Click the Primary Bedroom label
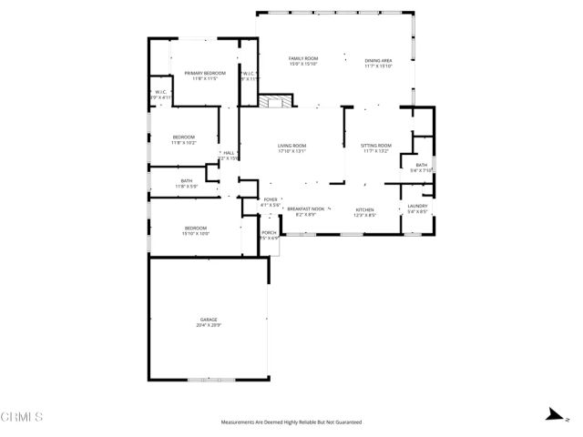tap(204, 73)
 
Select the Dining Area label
tap(378, 60)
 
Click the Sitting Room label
tap(375, 146)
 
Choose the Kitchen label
tap(364, 208)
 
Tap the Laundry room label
tap(417, 207)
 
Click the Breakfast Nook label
tap(305, 208)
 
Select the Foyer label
tap(271, 199)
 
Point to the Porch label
tap(269, 232)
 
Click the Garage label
tap(209, 320)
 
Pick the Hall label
tap(229, 153)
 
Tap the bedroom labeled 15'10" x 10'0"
tap(196, 228)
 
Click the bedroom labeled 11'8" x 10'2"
tap(184, 137)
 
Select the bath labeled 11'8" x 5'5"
tap(187, 181)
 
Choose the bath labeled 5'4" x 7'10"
tap(422, 166)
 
